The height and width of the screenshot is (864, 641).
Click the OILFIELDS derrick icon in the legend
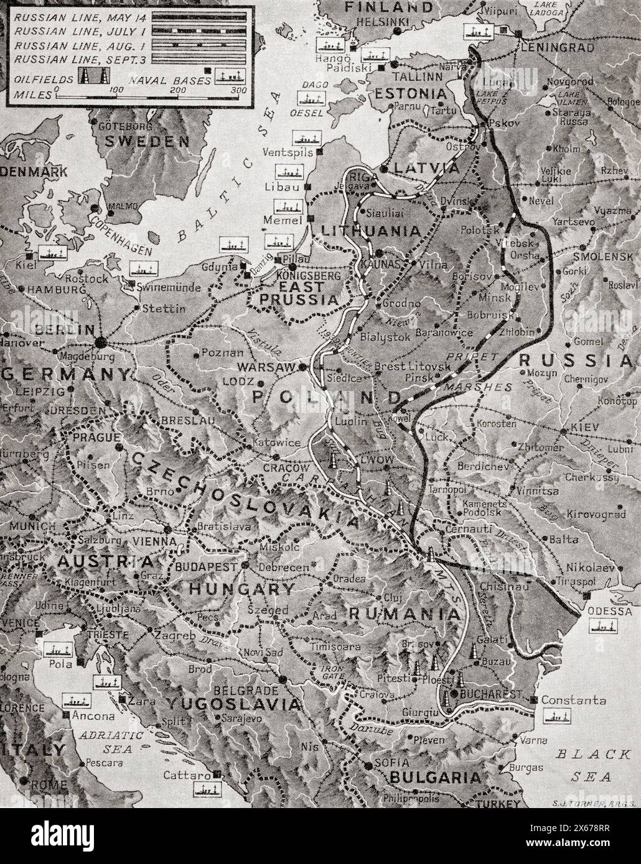point(93,77)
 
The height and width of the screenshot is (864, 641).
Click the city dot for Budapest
point(245,566)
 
